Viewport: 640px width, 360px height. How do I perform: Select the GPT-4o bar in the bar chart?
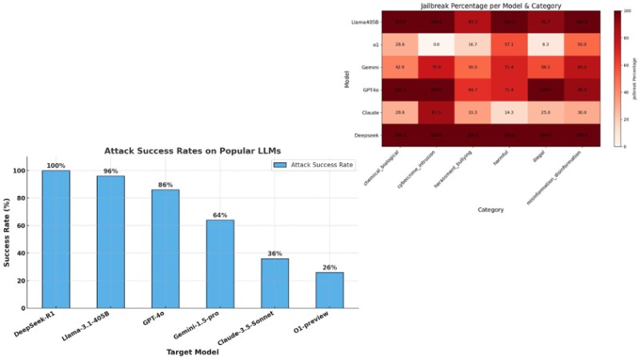click(x=165, y=248)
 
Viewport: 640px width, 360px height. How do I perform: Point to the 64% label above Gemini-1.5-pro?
click(x=220, y=215)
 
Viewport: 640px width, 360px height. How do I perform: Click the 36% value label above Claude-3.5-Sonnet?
click(x=274, y=254)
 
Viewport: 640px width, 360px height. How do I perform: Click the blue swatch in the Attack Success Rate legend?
click(x=281, y=165)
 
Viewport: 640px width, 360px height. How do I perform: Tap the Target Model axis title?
click(x=192, y=352)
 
